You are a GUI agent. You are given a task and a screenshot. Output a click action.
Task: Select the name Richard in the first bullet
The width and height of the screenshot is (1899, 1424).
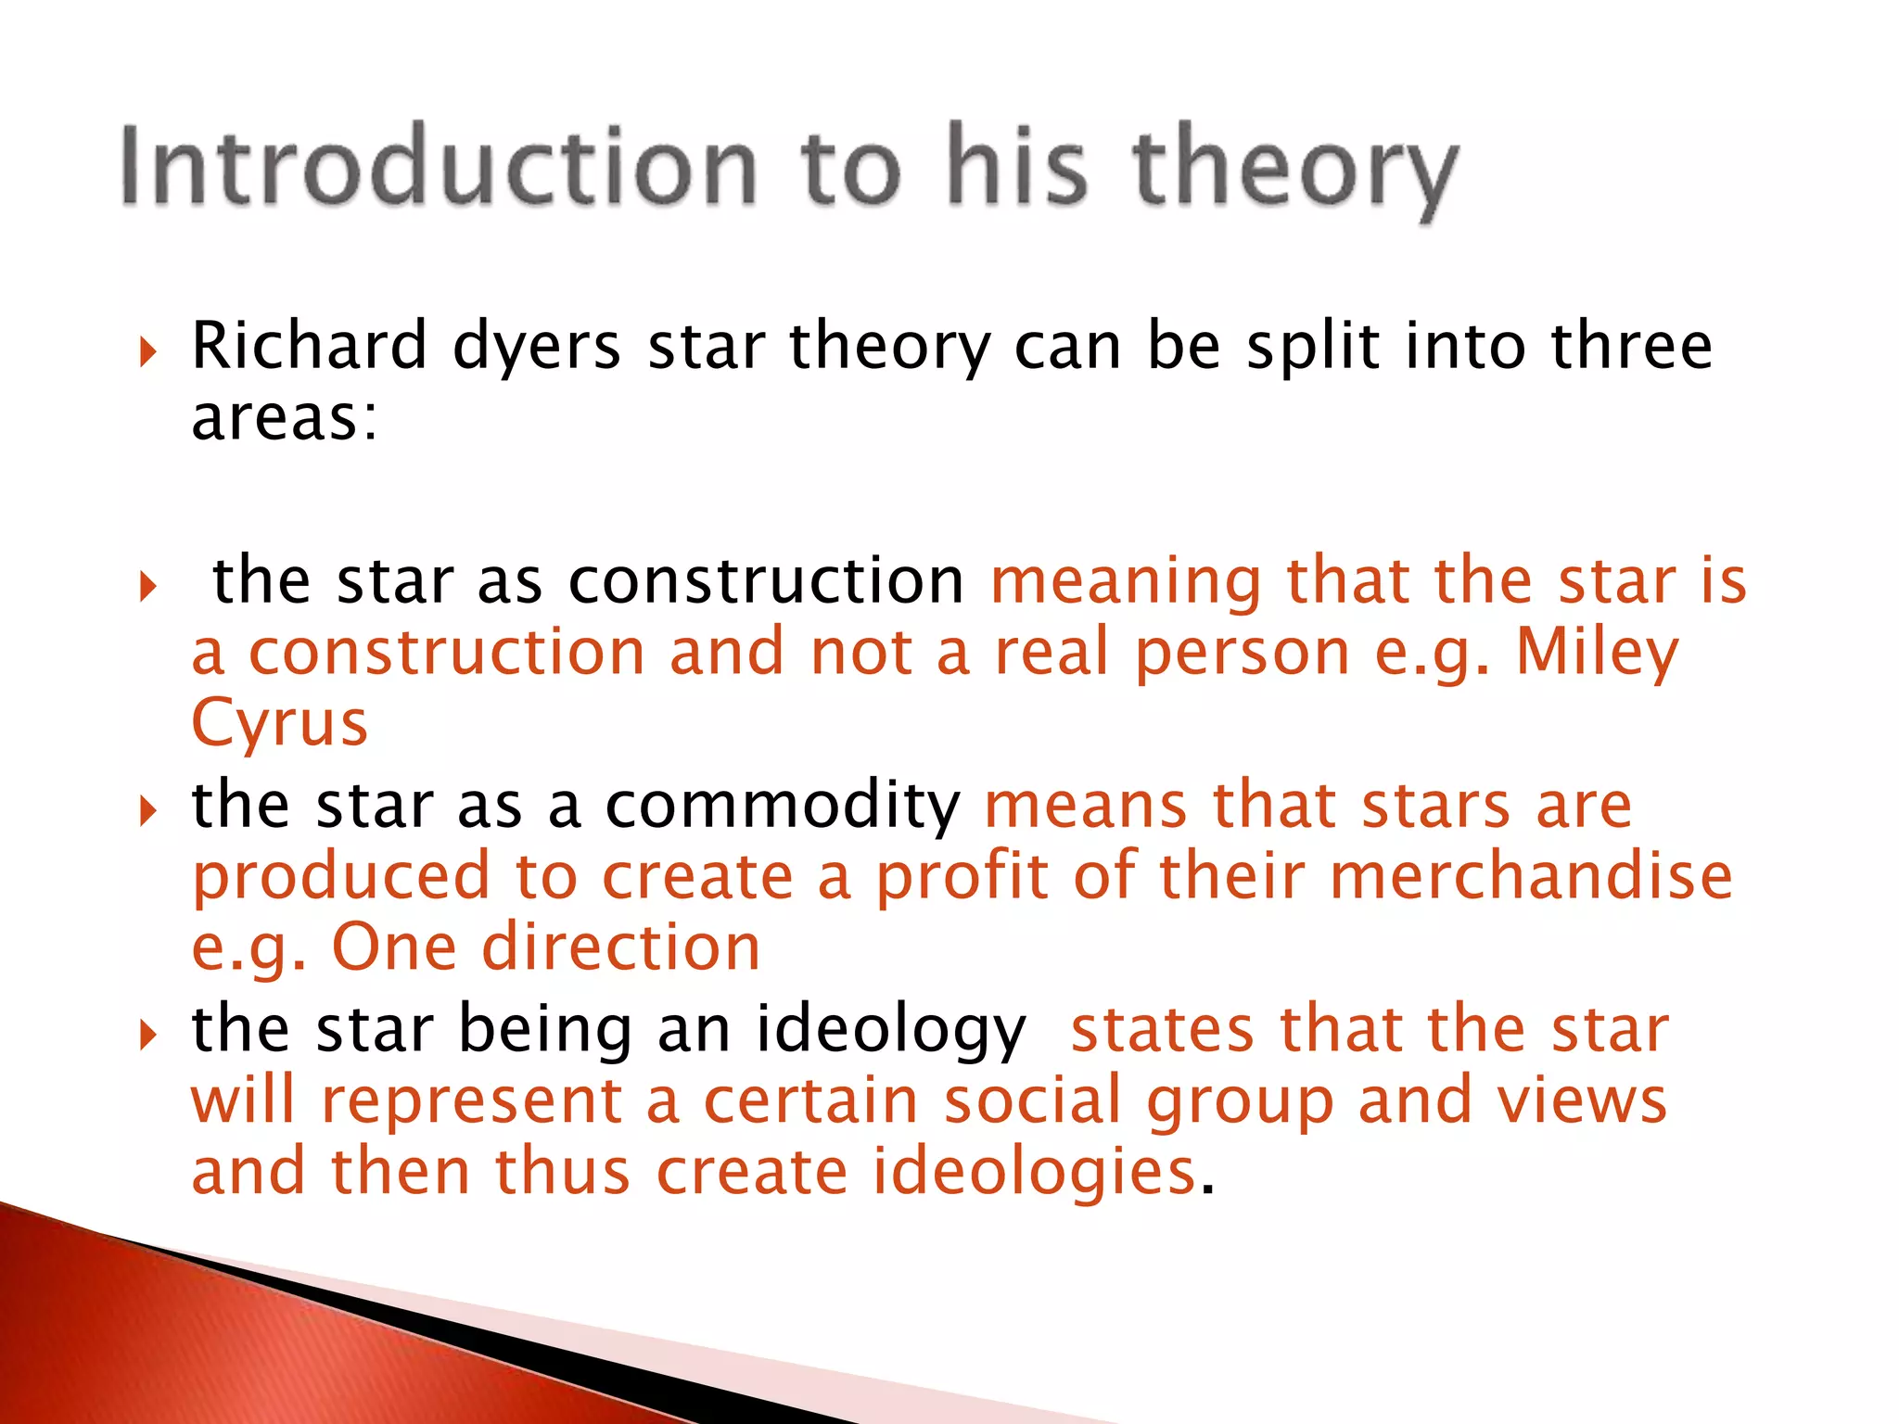click(309, 346)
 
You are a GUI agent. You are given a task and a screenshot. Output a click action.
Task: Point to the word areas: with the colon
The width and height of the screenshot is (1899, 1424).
click(285, 419)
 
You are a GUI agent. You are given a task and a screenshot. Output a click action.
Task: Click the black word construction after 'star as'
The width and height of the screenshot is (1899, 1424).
click(766, 582)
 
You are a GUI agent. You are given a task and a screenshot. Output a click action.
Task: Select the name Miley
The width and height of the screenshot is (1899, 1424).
click(1597, 655)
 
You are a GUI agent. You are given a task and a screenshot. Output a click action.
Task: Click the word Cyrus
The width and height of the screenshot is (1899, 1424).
click(279, 724)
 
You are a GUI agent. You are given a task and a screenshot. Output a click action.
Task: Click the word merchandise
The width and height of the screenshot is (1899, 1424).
click(1531, 876)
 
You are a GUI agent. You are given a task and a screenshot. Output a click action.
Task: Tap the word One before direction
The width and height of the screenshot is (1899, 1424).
click(394, 947)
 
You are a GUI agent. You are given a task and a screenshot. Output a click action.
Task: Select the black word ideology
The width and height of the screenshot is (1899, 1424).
click(890, 1032)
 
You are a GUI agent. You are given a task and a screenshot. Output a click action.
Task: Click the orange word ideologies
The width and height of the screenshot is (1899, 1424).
click(1034, 1171)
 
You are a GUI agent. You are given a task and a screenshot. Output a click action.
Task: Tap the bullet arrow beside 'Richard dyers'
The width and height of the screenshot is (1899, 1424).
click(147, 352)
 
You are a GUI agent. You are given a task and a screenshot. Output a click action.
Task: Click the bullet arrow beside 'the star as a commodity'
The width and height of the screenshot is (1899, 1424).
click(147, 811)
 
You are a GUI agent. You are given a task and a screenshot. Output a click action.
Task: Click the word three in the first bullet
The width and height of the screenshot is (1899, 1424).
click(1632, 346)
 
